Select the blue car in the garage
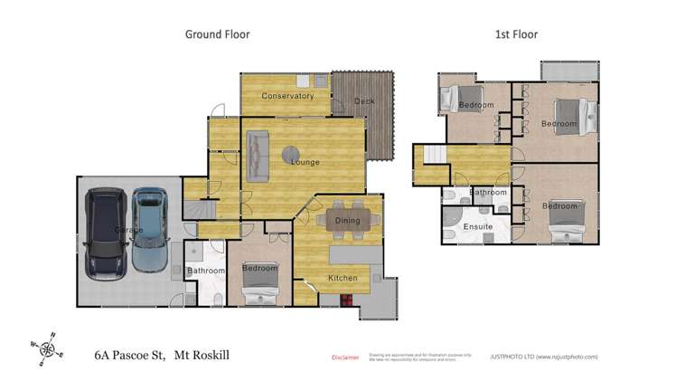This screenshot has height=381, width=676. tap(149, 230)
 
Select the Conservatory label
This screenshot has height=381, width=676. tap(287, 96)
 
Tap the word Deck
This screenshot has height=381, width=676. tap(364, 101)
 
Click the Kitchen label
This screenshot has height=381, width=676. tap(343, 278)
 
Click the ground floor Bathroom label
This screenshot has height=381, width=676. tap(205, 271)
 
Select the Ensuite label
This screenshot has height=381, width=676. tap(477, 226)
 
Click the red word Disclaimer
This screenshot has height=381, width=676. tap(345, 357)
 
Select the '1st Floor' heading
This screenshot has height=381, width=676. tap(516, 34)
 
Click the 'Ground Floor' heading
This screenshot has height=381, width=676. tap(217, 34)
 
